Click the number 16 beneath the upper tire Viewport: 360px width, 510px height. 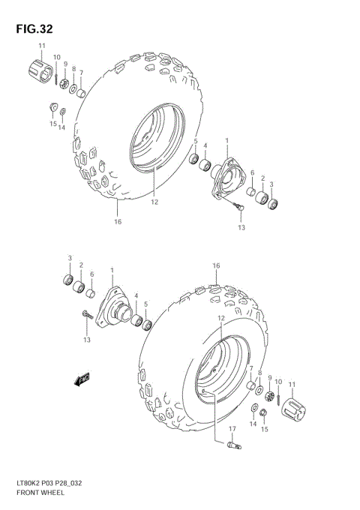tap(118, 222)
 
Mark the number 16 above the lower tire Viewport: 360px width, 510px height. tap(216, 266)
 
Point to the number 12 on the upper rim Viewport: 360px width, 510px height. tap(154, 202)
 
